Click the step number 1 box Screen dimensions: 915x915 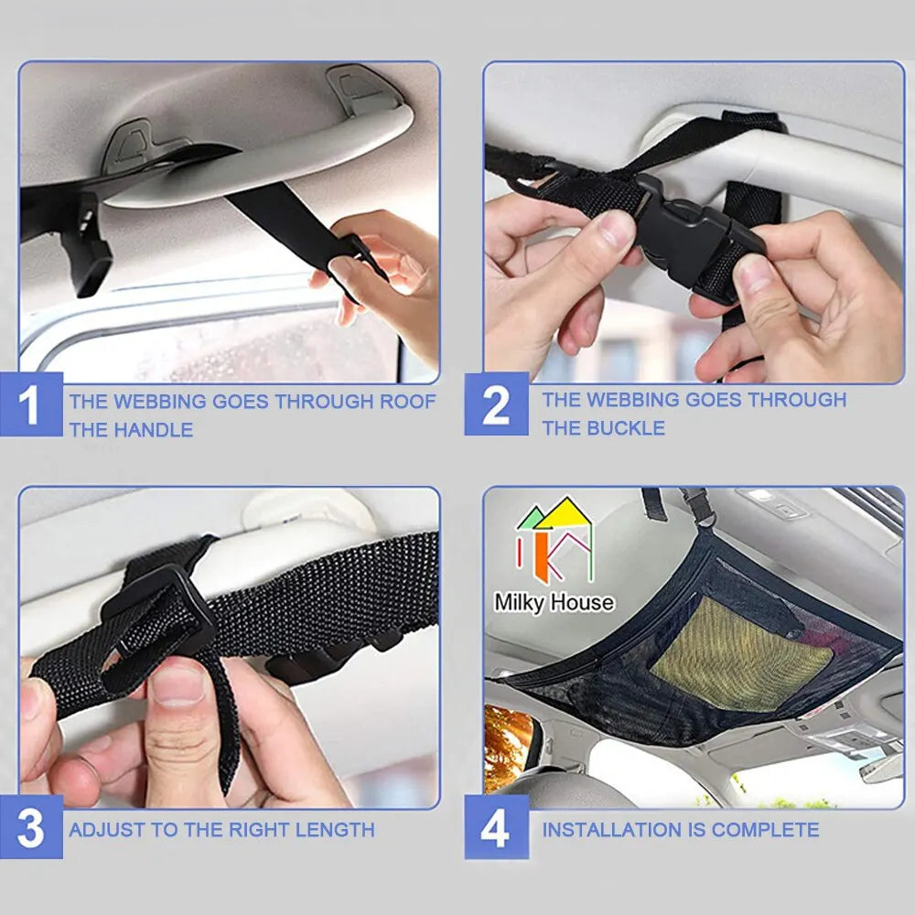pyautogui.click(x=31, y=404)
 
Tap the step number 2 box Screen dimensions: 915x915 pyautogui.click(x=496, y=404)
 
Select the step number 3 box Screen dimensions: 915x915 pyautogui.click(x=31, y=827)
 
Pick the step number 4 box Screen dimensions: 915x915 pyautogui.click(x=496, y=827)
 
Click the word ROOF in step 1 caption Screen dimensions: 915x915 pyautogui.click(x=407, y=402)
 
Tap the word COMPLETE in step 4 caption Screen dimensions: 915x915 pyautogui.click(x=765, y=830)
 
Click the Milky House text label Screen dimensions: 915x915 pyautogui.click(x=554, y=602)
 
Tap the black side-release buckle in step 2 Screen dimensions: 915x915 pyautogui.click(x=694, y=239)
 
